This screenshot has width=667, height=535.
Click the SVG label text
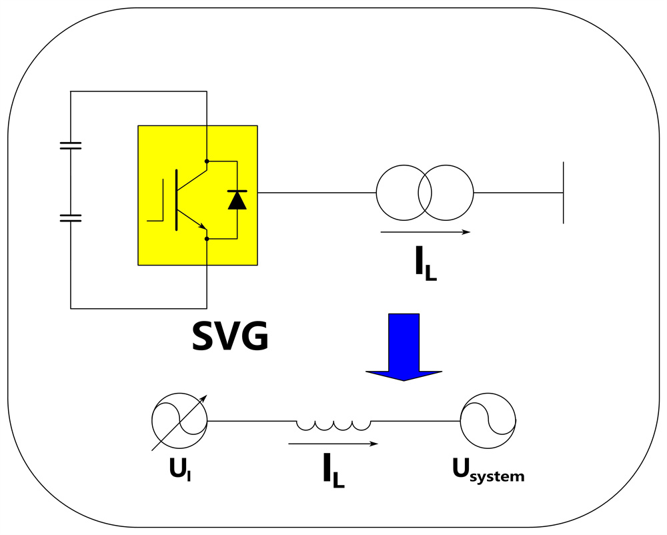click(x=230, y=336)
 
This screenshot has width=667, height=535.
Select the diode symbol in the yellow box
click(x=237, y=200)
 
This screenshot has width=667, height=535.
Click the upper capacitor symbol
click(x=71, y=146)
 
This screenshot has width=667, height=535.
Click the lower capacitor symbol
click(x=71, y=218)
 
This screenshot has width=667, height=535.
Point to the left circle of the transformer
click(x=376, y=193)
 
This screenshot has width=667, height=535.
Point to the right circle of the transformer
click(x=473, y=193)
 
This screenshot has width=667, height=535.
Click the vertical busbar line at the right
click(x=563, y=193)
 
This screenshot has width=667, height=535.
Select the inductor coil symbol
click(x=333, y=426)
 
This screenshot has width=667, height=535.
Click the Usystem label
click(x=488, y=471)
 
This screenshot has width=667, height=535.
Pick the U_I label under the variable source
click(x=179, y=470)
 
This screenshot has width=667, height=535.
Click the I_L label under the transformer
click(x=426, y=263)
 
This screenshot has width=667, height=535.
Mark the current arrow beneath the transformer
click(x=426, y=232)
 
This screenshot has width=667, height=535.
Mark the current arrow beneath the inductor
click(x=333, y=444)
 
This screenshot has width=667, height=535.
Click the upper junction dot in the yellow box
click(x=207, y=161)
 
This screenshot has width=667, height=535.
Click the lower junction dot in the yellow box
click(x=207, y=239)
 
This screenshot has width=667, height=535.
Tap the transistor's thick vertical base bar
click(x=177, y=200)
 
